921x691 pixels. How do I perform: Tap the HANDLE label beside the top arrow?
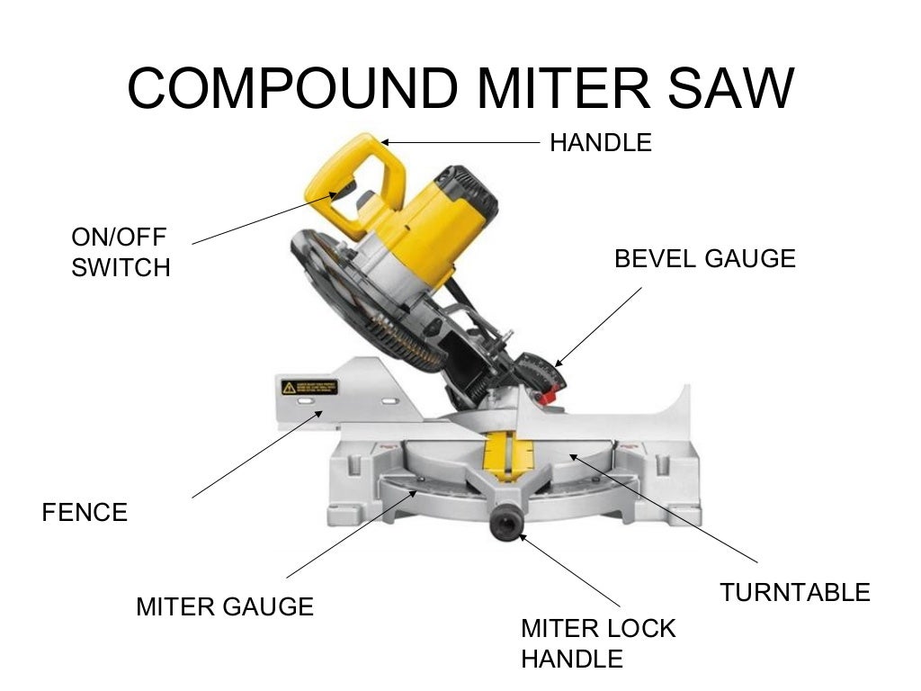tap(600, 142)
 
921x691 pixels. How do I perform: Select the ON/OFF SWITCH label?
tap(121, 252)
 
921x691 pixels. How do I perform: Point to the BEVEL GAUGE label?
tap(704, 259)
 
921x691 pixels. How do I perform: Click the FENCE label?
tap(85, 513)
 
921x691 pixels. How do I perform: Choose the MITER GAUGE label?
tap(225, 606)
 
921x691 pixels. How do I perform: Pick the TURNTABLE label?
tap(795, 592)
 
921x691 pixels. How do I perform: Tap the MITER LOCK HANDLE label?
tap(598, 642)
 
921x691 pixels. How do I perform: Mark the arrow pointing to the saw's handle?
tap(459, 142)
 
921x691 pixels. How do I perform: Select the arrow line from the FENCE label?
tap(256, 455)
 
